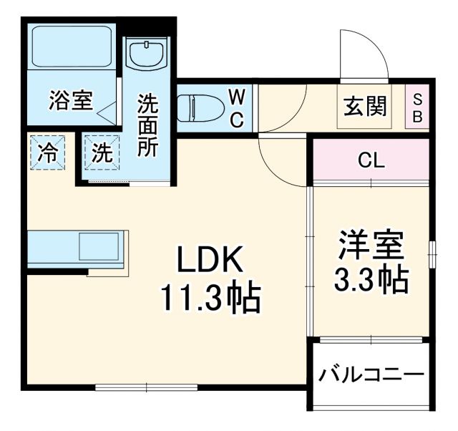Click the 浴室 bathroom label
click(71, 101)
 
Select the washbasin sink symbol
click(147, 53)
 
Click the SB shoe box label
click(417, 108)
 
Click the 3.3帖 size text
click(371, 280)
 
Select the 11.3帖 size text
click(208, 298)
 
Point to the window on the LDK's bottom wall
click(146, 387)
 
